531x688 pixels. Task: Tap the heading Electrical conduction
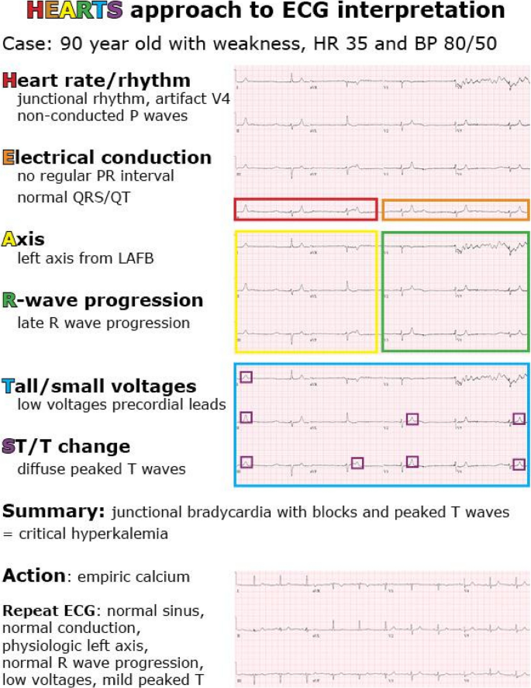coord(107,157)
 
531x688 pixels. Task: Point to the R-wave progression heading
coord(103,300)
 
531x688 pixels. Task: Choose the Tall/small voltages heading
coord(99,386)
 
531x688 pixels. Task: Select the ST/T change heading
coord(66,447)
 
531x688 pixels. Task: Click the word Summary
coord(53,512)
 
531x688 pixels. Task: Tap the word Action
coord(33,576)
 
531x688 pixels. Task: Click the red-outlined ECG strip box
coord(305,209)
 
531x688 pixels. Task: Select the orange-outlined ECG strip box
coord(456,209)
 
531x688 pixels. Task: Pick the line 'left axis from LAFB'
coord(85,258)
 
